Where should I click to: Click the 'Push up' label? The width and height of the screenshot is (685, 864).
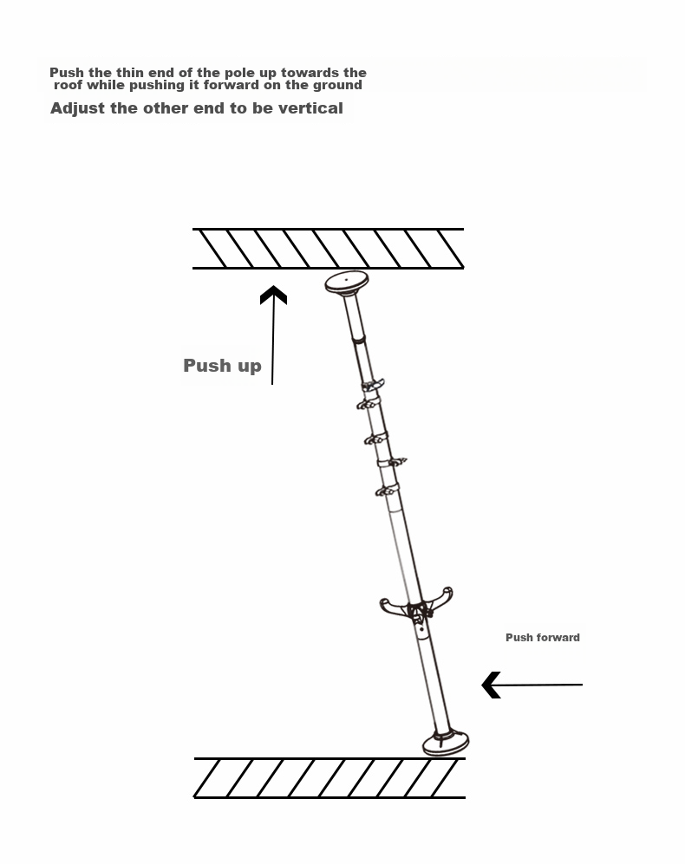[x=222, y=366]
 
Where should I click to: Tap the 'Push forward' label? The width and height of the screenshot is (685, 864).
[x=543, y=638]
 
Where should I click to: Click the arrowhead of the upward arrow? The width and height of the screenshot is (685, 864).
[x=273, y=295]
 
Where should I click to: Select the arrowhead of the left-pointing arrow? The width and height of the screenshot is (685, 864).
[x=492, y=685]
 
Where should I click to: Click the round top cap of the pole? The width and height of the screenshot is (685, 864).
[x=347, y=283]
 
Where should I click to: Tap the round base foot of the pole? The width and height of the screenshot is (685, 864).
[x=446, y=742]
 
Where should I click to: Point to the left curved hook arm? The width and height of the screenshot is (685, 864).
[x=393, y=607]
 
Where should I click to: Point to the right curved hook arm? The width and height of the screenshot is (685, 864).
[x=440, y=599]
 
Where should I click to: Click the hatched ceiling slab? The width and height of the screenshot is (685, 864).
[x=328, y=249]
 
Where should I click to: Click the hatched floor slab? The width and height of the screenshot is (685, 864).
[x=329, y=778]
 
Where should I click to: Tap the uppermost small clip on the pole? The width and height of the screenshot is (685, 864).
[x=372, y=384]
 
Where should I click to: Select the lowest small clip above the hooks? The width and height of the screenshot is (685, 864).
[x=387, y=490]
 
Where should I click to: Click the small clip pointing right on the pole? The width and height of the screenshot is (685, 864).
[x=394, y=462]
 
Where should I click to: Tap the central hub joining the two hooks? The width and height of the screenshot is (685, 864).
[x=418, y=613]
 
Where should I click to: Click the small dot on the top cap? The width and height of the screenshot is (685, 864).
[x=346, y=279]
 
